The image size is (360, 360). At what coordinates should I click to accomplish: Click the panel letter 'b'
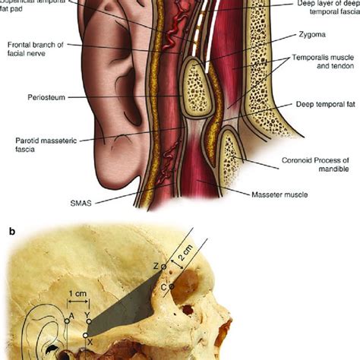(5, 226)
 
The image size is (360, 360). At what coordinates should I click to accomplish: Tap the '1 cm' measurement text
(76, 291)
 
